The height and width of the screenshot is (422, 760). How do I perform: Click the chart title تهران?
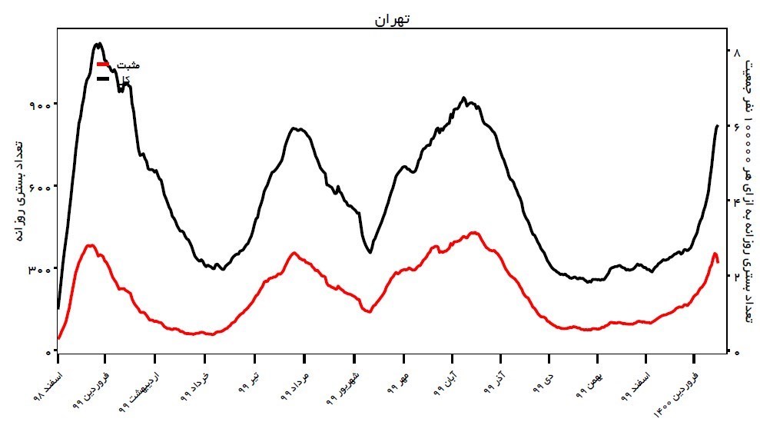(392, 20)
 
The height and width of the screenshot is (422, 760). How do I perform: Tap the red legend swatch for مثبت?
(103, 65)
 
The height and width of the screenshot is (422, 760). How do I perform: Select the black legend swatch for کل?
(103, 78)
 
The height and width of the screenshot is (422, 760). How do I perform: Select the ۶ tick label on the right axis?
(737, 127)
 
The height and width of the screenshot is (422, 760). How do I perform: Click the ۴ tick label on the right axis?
(737, 202)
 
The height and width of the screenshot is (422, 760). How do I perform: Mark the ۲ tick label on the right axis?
(737, 277)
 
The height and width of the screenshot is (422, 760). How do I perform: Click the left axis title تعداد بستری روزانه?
(18, 191)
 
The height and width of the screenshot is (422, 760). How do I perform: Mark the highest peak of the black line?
(98, 44)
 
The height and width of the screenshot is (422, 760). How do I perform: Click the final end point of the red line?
(718, 262)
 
